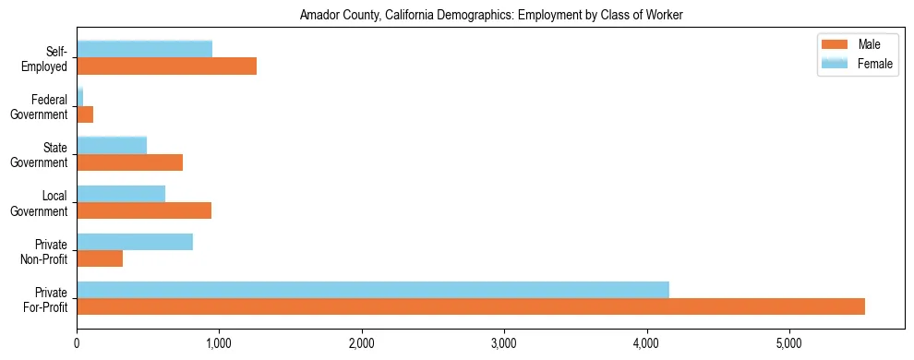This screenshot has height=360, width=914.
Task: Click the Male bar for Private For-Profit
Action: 471,306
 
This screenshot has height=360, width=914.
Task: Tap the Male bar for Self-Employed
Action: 166,66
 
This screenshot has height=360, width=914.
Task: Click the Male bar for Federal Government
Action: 85,114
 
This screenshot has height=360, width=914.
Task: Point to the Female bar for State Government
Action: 112,146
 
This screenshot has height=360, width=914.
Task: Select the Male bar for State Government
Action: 129,162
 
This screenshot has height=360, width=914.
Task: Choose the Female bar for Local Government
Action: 121,194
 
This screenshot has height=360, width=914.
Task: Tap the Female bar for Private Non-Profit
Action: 135,242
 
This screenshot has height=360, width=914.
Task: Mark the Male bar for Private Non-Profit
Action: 100,258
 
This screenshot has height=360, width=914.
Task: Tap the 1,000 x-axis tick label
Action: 219,343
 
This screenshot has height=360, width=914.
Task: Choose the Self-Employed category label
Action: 44,58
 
